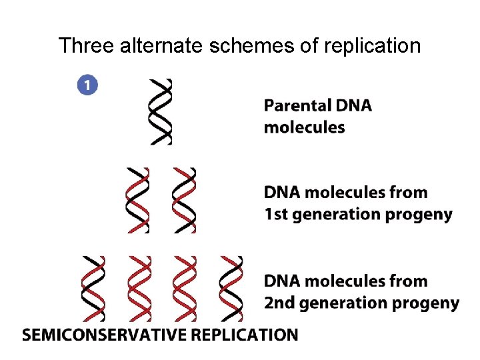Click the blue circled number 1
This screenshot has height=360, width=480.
coord(87,85)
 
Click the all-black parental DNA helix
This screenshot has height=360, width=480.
coord(161,111)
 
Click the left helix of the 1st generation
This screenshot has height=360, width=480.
coord(138,199)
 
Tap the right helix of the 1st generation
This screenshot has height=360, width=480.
coord(184,199)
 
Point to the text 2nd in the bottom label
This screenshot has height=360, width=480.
coord(279,303)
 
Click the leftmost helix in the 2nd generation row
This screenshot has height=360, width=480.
coord(93,288)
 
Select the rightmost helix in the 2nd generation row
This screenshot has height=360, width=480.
coord(231,288)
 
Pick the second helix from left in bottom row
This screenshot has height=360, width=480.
coord(139,288)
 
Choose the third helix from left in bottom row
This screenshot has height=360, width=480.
coord(185,288)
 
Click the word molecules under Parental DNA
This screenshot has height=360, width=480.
coord(305,127)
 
